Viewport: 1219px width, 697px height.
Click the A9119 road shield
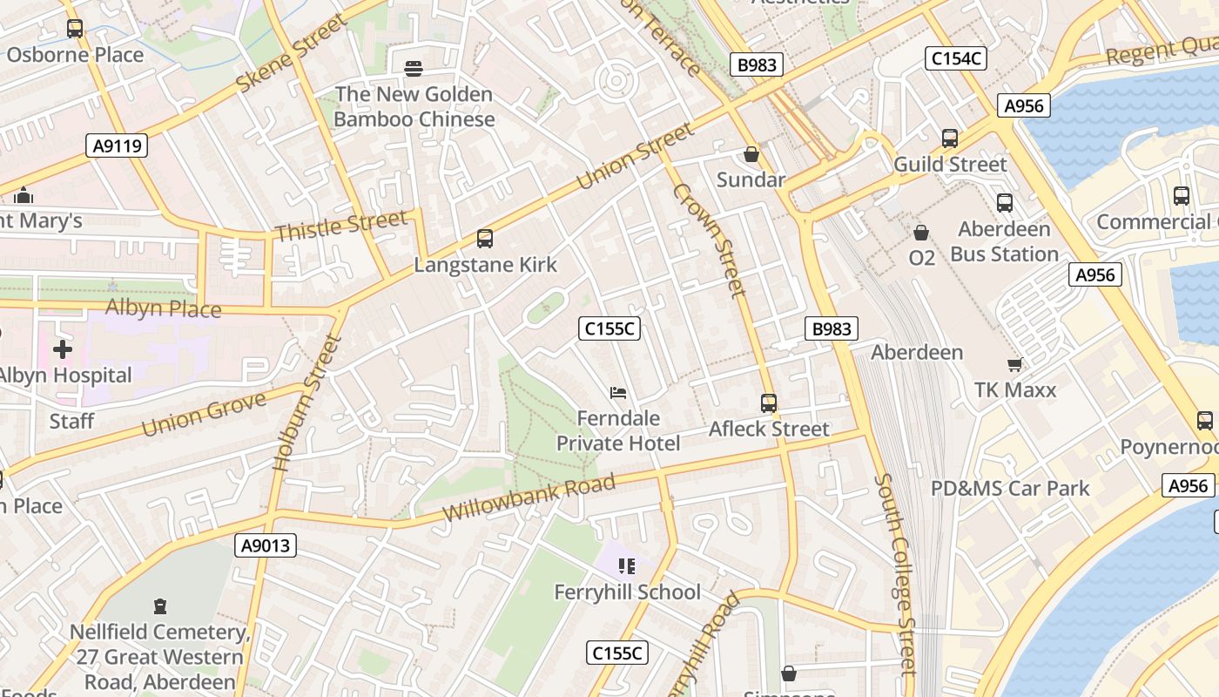(x=117, y=145)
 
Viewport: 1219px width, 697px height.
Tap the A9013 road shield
(x=266, y=546)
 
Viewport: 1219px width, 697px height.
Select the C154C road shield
(x=956, y=58)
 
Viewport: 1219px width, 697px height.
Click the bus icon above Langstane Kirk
(x=485, y=238)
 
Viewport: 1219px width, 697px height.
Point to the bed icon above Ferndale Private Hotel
(x=618, y=393)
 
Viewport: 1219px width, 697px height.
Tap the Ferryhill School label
(x=627, y=592)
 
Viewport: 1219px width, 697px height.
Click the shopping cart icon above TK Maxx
(x=1014, y=364)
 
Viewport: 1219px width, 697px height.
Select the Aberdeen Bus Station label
(x=1004, y=241)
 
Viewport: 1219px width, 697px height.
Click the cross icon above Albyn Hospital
(x=63, y=349)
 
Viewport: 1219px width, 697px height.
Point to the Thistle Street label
(x=340, y=226)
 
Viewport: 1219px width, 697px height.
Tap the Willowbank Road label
(x=529, y=497)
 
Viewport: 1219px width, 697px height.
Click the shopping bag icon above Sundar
(x=751, y=154)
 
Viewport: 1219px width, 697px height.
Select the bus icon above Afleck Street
(x=769, y=403)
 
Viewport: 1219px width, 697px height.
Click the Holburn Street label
(x=305, y=403)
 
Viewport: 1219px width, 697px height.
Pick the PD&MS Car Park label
(x=1010, y=488)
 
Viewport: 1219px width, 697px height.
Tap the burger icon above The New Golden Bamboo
(x=414, y=68)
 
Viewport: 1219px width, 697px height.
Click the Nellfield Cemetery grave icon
(x=159, y=606)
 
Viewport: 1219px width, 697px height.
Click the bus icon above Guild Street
(x=950, y=138)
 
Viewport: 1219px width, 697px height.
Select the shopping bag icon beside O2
(x=921, y=233)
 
